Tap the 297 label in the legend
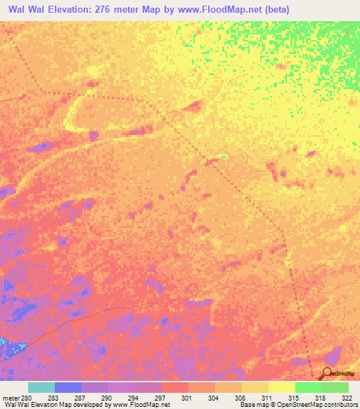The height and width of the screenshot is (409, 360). coord(161,398)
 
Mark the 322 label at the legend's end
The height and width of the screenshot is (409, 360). coord(347,398)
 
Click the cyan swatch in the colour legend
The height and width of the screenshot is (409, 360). coord(41,387)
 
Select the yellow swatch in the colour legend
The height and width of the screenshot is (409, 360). coord(281,387)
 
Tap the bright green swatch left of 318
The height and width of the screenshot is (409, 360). coord(308,387)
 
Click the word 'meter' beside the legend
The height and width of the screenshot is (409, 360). coord(11,398)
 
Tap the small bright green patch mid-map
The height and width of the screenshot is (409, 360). coord(222,157)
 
